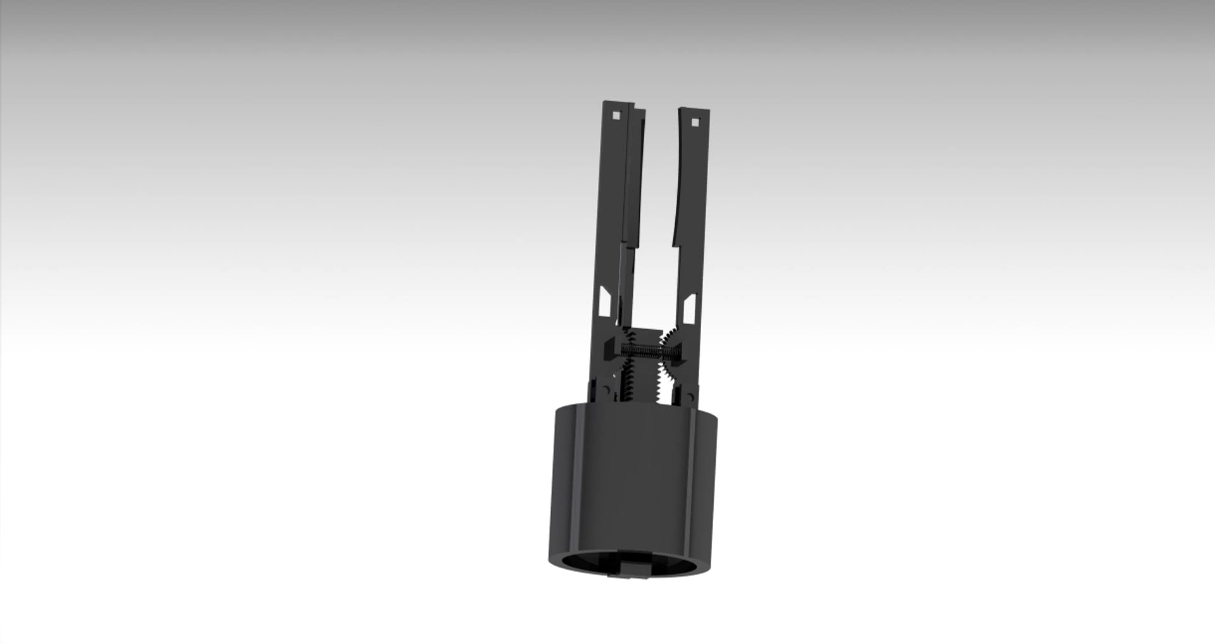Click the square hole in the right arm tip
pos(695,122)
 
